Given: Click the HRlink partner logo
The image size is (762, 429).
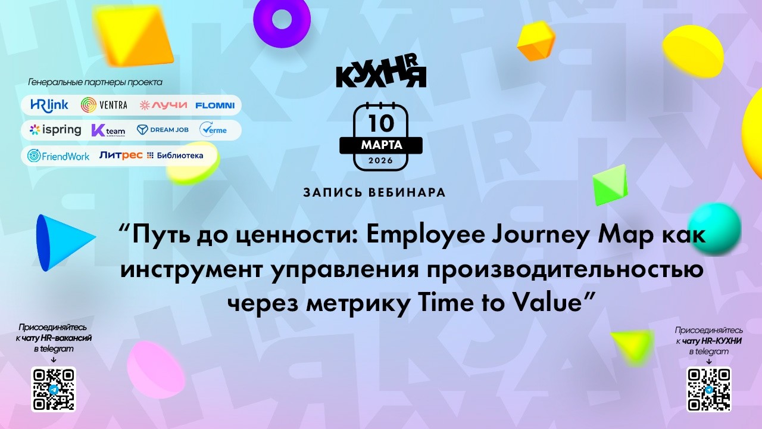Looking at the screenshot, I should click(49, 105).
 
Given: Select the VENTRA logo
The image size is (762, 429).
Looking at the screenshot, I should click(104, 105).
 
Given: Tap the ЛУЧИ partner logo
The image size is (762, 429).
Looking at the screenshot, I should click(163, 105).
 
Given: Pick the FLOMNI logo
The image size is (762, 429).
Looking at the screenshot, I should click(214, 105).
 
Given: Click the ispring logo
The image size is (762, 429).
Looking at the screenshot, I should click(55, 129).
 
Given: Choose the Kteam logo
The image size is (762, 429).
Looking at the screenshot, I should click(108, 130).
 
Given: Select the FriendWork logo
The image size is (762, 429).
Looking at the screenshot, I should click(58, 156).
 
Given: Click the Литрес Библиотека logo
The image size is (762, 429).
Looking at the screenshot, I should click(151, 156).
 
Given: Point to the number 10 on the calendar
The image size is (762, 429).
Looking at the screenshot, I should click(381, 123).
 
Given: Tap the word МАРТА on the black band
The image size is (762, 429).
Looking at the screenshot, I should click(381, 145).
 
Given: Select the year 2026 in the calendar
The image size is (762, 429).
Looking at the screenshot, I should click(381, 160).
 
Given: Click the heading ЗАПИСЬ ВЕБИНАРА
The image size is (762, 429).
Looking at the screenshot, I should click(374, 192).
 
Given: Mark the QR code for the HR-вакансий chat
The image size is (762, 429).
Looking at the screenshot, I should click(54, 389).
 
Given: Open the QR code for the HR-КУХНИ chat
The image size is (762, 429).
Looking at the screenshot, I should click(708, 389).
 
